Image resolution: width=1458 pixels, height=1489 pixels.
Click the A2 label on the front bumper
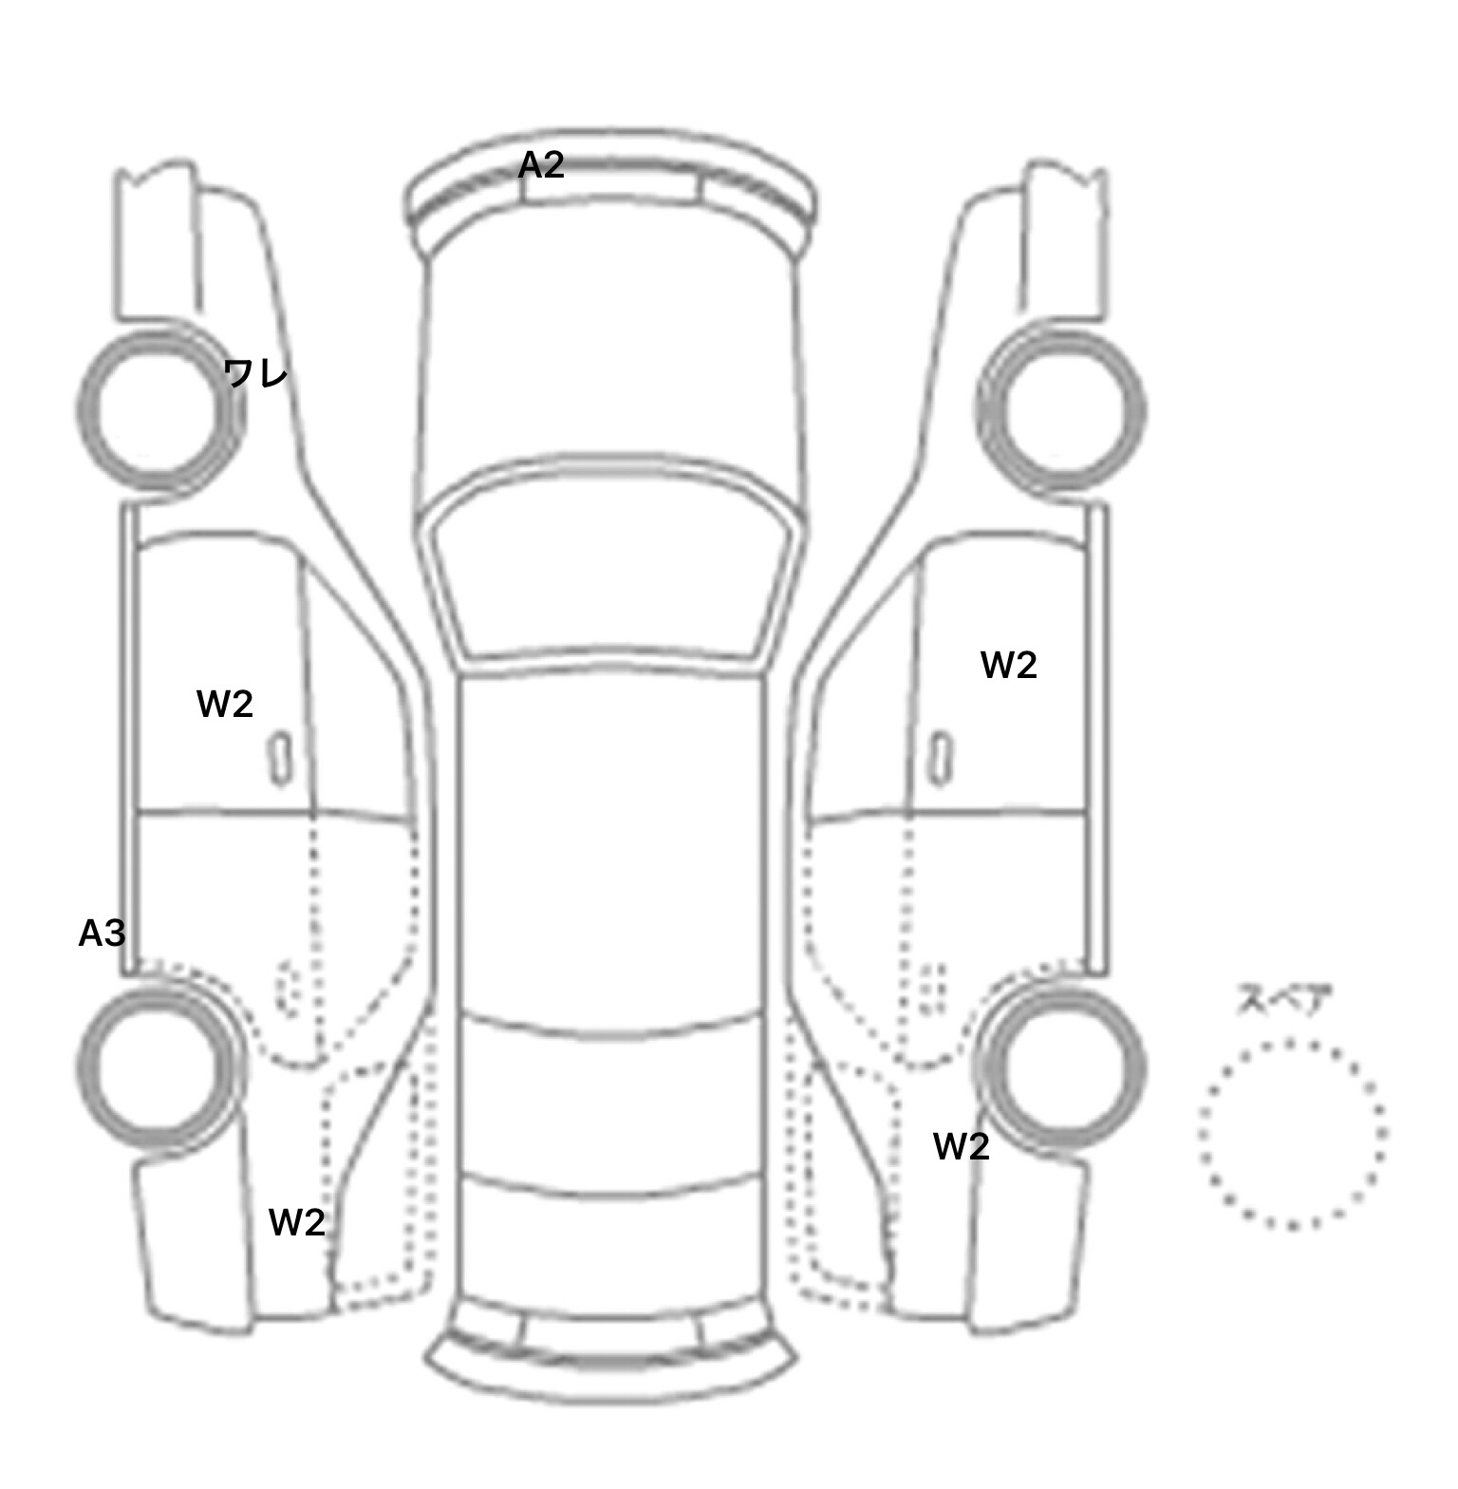pos(541,165)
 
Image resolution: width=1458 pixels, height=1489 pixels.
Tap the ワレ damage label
pos(256,373)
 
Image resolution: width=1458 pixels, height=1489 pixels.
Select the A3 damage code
pos(102,933)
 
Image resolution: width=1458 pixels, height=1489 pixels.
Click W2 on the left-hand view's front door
pos(225,704)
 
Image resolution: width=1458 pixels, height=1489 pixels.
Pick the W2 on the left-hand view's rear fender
pos(297,1222)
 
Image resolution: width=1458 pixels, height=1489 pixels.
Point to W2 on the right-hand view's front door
pos(1008,665)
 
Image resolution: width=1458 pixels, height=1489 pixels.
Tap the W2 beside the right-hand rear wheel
pos(962,1146)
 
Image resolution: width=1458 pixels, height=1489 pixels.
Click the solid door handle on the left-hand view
pos(280,759)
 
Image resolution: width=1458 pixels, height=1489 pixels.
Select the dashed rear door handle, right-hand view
pos(934,988)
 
